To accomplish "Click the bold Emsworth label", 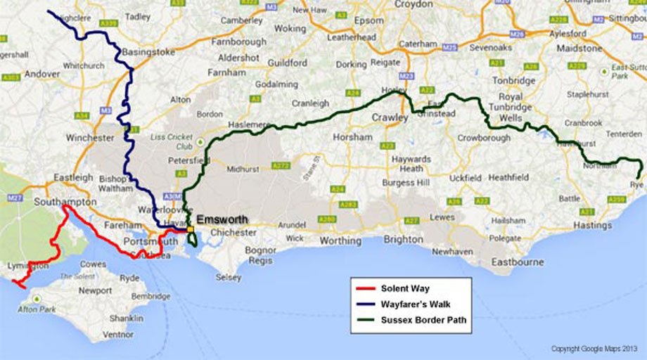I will click(222, 219).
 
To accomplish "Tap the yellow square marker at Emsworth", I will click(191, 229).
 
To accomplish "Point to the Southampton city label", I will click(65, 202).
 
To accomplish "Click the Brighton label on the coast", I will click(403, 240).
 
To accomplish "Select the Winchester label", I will click(89, 138).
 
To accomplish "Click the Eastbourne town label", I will click(518, 262).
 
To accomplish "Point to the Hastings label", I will click(592, 226).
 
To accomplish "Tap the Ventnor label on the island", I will click(117, 335).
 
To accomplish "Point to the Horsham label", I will click(352, 138).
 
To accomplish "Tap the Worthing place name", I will click(340, 240).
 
